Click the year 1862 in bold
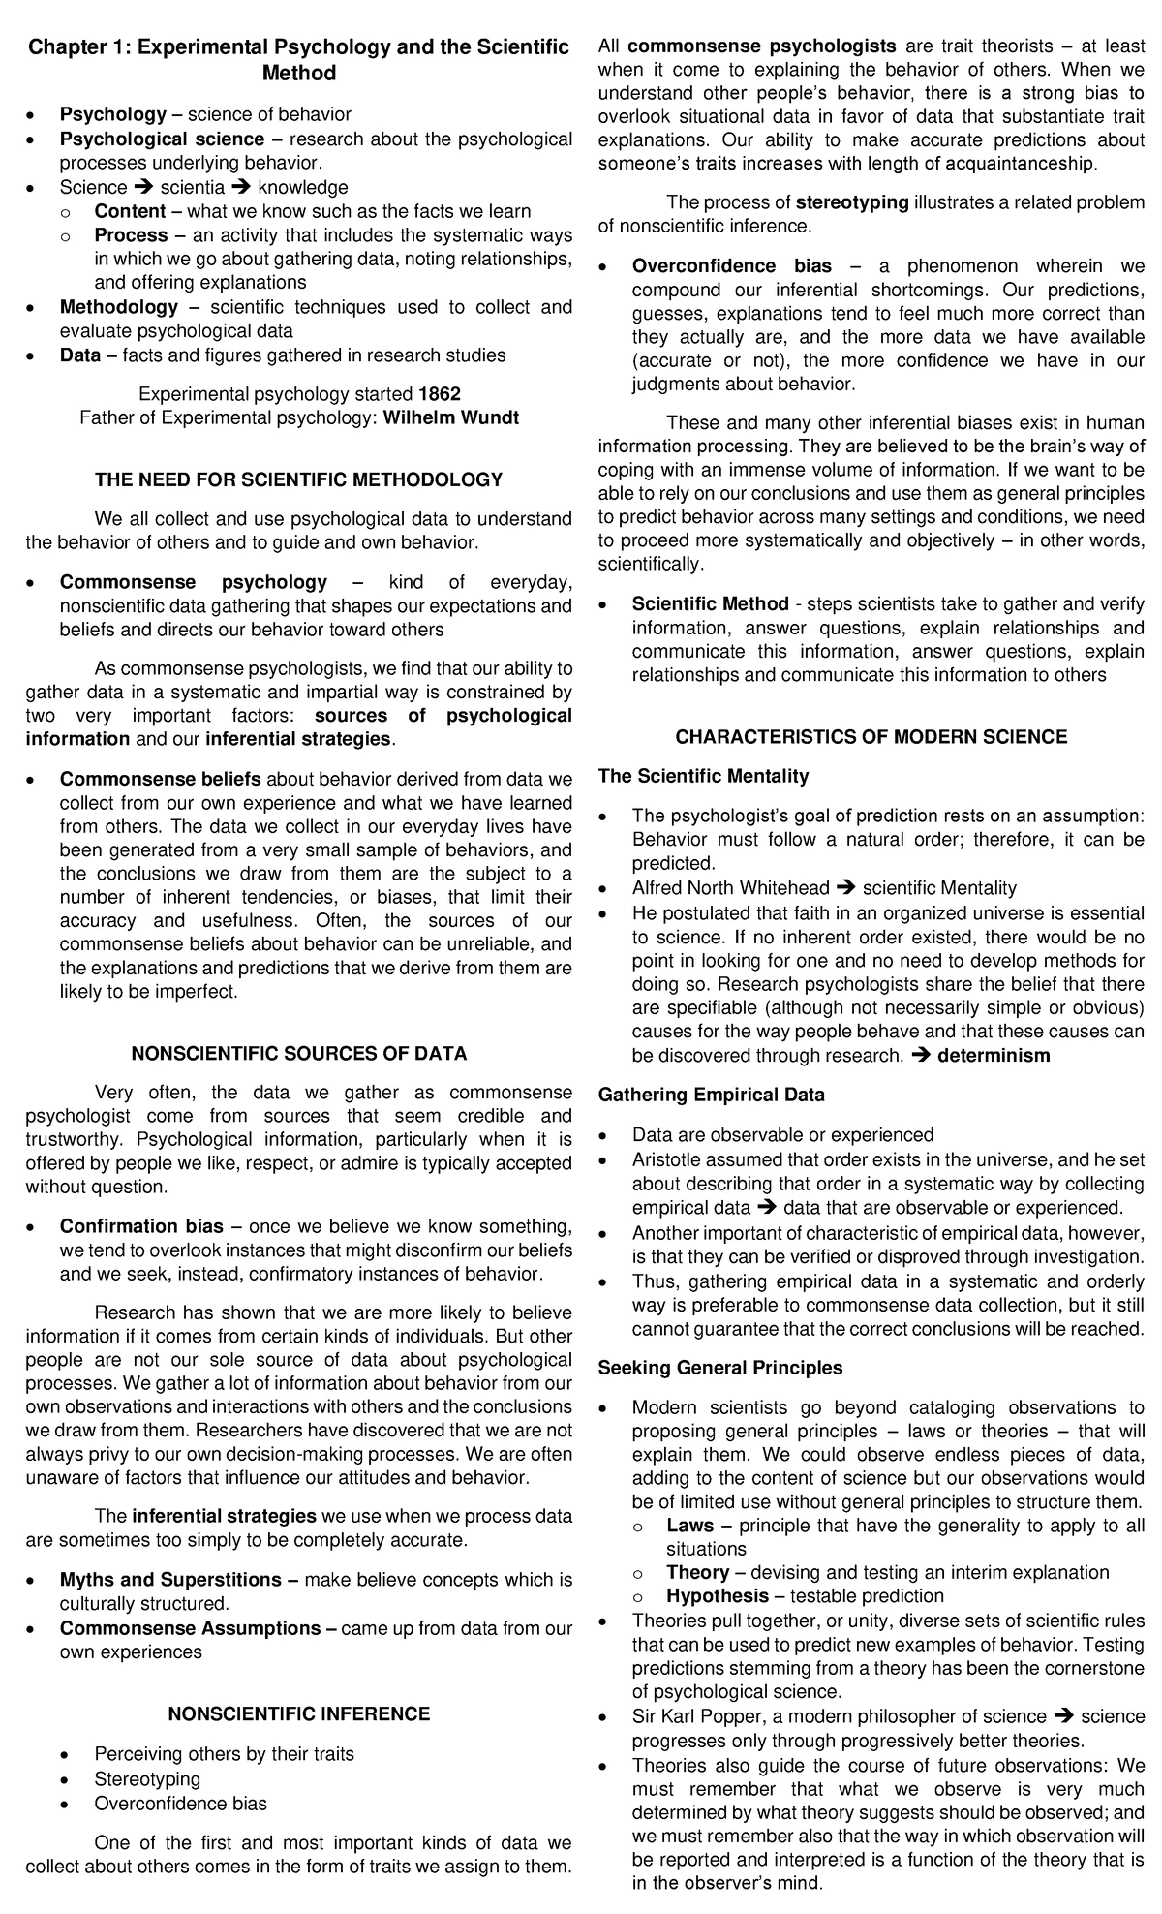pyautogui.click(x=440, y=394)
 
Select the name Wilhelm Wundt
pyautogui.click(x=451, y=417)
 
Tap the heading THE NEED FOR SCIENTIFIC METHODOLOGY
pyautogui.click(x=298, y=479)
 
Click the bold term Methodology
pyautogui.click(x=119, y=307)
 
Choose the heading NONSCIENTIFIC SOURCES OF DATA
pyautogui.click(x=298, y=1053)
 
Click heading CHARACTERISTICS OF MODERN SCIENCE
pyautogui.click(x=871, y=737)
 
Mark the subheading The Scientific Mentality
pyautogui.click(x=703, y=776)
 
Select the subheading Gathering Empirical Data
pyautogui.click(x=711, y=1096)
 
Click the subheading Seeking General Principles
pyautogui.click(x=719, y=1368)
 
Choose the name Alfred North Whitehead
pyautogui.click(x=730, y=888)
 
